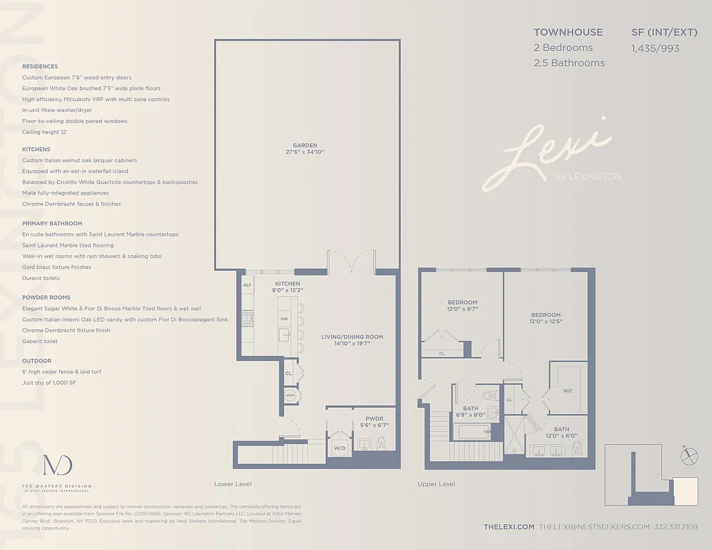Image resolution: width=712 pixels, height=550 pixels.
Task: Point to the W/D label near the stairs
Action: click(340, 448)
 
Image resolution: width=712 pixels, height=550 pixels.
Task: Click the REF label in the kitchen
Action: click(248, 285)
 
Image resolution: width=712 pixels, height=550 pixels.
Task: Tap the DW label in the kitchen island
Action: click(283, 319)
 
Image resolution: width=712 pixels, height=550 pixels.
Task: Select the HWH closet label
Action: click(290, 395)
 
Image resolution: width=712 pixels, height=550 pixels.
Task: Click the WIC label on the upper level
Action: click(568, 390)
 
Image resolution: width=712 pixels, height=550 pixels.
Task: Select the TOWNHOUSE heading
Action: click(568, 32)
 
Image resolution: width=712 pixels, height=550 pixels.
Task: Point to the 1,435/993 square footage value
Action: click(656, 48)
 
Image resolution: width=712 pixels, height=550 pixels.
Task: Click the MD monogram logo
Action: click(57, 465)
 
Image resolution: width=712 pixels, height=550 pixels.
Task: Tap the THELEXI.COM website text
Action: click(508, 527)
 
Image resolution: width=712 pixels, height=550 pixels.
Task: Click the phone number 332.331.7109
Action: click(676, 527)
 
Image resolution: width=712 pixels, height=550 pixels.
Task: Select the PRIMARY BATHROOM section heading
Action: click(52, 223)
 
